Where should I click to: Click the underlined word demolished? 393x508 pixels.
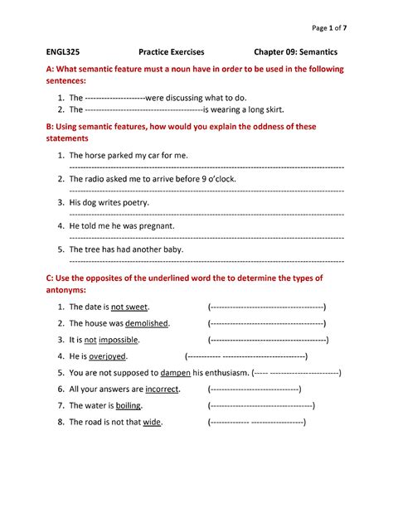coord(146,323)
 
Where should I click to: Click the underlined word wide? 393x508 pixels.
coord(152,423)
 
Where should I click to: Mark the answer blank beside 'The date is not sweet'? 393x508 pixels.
coord(266,307)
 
